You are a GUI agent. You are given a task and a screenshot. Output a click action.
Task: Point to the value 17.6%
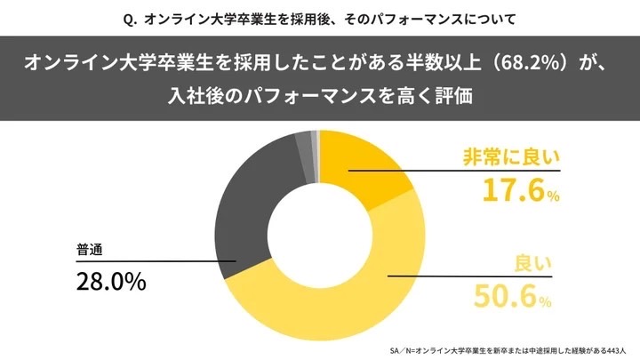521,190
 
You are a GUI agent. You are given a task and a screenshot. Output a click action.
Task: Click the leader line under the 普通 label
151,261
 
